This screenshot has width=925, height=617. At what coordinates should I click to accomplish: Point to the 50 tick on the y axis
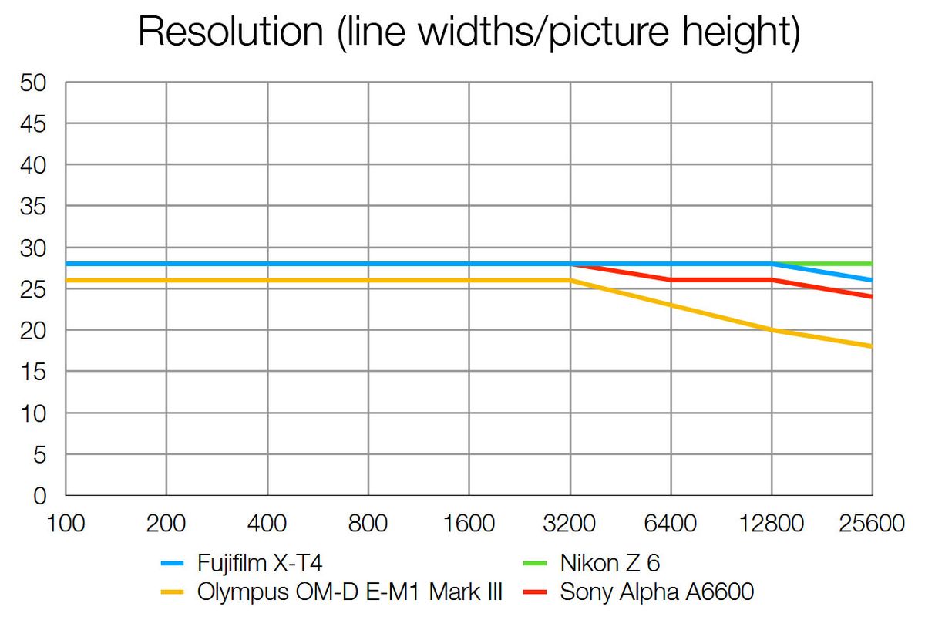[x=34, y=83]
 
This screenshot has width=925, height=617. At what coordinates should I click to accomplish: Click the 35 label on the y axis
[x=34, y=207]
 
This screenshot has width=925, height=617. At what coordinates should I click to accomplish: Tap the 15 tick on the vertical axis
[x=34, y=372]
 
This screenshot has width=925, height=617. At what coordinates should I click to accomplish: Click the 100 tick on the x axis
[x=66, y=524]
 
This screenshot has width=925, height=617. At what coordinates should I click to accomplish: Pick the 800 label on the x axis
[x=368, y=524]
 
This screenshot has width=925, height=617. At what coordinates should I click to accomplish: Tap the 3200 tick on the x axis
[x=570, y=524]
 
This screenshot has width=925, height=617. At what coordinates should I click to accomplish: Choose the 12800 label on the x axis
[x=772, y=524]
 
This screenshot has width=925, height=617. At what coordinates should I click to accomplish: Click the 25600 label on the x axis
[x=871, y=524]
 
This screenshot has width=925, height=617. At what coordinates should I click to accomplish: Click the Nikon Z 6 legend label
[x=610, y=565]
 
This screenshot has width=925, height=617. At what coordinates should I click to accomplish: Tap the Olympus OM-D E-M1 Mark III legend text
[x=350, y=592]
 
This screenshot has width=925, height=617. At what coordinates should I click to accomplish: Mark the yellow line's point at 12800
[x=772, y=330]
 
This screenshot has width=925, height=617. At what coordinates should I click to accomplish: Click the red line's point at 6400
[x=671, y=280]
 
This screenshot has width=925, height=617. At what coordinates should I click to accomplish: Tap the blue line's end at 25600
[x=871, y=280]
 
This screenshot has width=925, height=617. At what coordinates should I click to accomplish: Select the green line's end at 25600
[x=871, y=264]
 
